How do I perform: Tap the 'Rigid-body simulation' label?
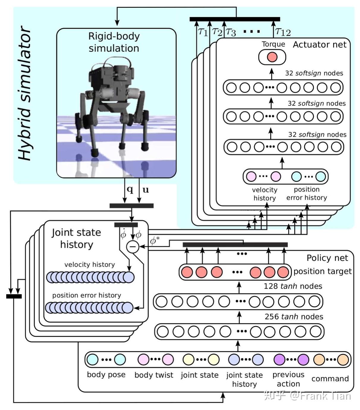[x=114, y=42]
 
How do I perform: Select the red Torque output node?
[x=272, y=57]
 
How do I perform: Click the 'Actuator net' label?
[x=320, y=45]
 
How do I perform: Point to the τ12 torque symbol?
[x=283, y=31]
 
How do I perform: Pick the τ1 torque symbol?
[x=203, y=31]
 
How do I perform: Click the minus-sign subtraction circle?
[x=133, y=247]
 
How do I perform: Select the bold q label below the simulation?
[x=130, y=189]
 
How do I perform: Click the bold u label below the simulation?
[x=146, y=190]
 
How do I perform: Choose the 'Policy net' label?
[x=327, y=258]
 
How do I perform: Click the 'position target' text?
[x=323, y=271]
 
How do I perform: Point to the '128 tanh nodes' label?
[x=293, y=286]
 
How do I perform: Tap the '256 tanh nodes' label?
[x=294, y=317]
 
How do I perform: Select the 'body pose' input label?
[x=106, y=375]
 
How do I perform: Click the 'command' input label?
[x=330, y=379]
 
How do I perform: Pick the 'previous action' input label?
[x=288, y=379]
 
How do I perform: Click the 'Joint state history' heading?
[x=76, y=238]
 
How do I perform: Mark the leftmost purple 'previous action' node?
[x=279, y=359]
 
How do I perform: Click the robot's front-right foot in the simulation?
[x=95, y=152]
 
